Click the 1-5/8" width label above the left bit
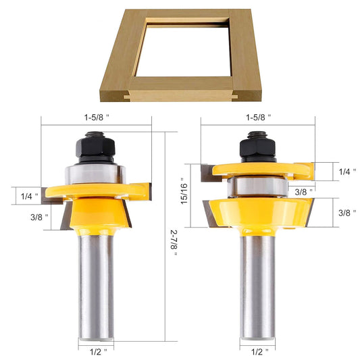point(97,116)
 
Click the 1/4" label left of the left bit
point(29,196)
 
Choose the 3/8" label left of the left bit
point(29,217)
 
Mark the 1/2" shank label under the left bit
point(96,351)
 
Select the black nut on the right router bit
point(257,146)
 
